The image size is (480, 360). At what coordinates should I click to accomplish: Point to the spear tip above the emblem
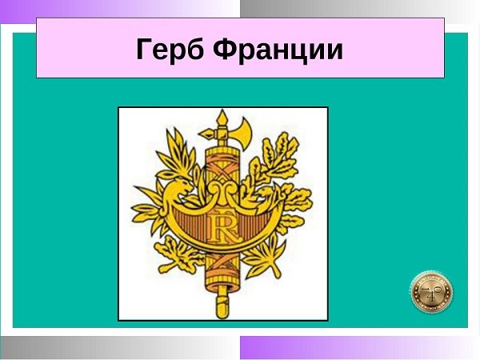point(222,118)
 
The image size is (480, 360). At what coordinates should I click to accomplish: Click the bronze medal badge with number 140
point(432,292)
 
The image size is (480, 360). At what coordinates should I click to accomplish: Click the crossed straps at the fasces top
point(222,170)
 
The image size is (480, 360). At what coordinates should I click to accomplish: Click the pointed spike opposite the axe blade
point(207,134)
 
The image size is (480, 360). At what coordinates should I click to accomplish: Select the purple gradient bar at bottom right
point(360,348)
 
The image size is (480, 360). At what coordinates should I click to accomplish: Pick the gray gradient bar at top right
point(360,9)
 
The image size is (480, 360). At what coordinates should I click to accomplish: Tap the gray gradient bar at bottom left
point(120,348)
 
